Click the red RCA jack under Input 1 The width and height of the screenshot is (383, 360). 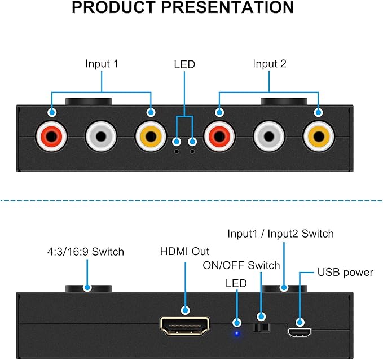pos(51,137)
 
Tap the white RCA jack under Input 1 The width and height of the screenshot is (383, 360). pos(101,137)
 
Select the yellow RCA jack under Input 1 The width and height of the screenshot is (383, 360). pos(151,137)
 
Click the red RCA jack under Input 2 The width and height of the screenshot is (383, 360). pos(219,137)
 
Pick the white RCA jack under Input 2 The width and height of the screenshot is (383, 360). pos(269,137)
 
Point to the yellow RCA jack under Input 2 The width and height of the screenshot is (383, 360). pos(319,137)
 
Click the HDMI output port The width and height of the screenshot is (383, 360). pos(184,326)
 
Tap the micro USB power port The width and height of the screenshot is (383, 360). pos(300,332)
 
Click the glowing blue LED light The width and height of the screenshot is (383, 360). pos(236,333)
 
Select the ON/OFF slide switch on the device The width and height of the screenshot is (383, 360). pos(261,328)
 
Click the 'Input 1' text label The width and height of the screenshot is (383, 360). pos(102,64)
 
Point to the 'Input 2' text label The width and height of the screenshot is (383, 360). pos(270,64)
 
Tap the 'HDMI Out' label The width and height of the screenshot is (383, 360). pos(184,252)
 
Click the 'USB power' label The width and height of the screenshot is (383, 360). pos(345,273)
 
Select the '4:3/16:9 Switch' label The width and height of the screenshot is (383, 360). pos(86,252)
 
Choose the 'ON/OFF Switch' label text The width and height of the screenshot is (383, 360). pos(241,265)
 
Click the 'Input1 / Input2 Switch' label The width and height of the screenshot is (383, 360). pos(281,234)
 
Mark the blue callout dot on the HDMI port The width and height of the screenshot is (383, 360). pos(186,310)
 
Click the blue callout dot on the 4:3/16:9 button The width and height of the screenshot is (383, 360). pos(87,288)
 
